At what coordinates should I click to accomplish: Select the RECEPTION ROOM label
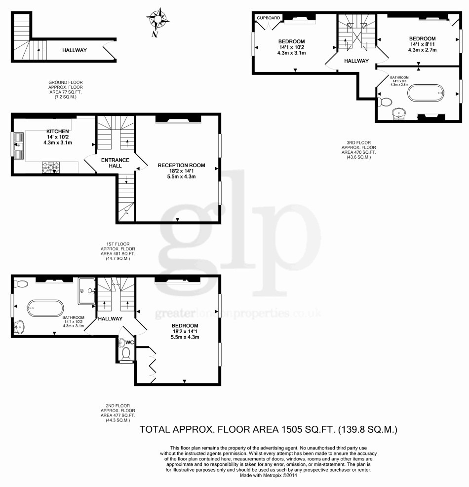(181, 165)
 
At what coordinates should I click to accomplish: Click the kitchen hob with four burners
(51, 167)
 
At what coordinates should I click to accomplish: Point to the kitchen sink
(19, 145)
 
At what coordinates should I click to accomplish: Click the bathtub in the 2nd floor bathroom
(45, 308)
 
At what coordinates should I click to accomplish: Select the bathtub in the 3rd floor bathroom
(427, 93)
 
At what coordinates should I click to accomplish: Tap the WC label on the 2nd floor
(130, 342)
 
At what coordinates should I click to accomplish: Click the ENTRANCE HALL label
(115, 163)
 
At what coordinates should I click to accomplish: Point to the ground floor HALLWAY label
(75, 50)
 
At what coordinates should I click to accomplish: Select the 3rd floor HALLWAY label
(356, 61)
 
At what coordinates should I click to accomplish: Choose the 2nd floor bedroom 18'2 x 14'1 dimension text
(185, 331)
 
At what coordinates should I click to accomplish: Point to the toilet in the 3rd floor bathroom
(385, 102)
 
